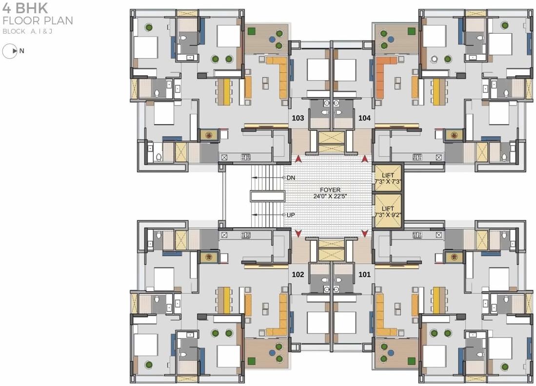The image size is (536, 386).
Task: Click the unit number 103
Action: tap(298, 118)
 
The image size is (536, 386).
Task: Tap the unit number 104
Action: tap(364, 118)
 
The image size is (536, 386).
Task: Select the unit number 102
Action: tap(298, 275)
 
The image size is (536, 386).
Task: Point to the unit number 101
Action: tap(364, 275)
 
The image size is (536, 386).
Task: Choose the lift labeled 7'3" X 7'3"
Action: tap(388, 178)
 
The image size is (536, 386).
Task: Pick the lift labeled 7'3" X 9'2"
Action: tap(388, 211)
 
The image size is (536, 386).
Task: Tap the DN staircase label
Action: tap(291, 178)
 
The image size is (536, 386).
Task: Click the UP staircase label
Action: tap(291, 215)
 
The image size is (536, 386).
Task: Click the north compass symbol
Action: tap(10, 51)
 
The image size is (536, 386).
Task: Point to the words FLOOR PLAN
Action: tap(38, 21)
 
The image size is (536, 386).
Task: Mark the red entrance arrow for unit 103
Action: tap(298, 159)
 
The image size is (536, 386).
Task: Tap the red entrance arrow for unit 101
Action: tap(364, 234)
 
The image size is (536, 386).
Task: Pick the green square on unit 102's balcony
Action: tap(252, 361)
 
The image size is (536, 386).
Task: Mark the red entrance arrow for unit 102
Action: tap(298, 234)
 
